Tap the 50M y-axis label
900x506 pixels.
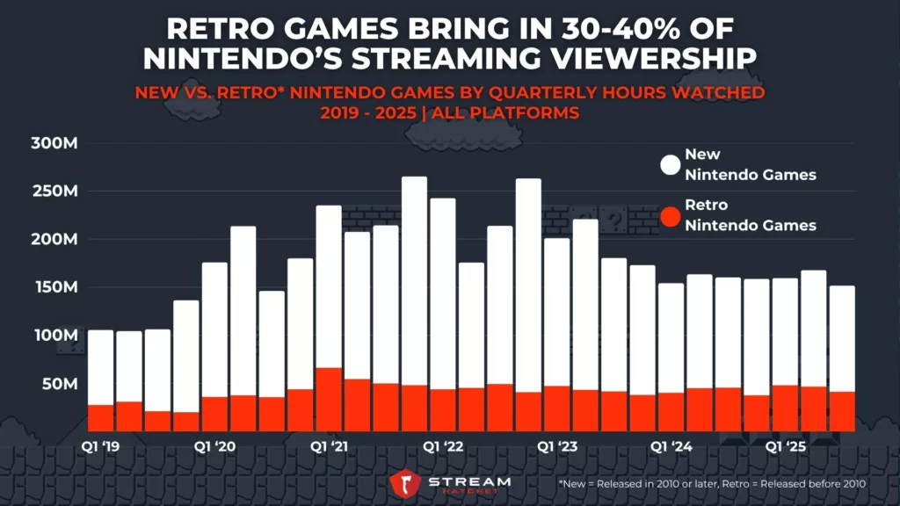coord(61,384)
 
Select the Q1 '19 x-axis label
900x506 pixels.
coord(101,447)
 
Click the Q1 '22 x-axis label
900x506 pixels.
coord(443,447)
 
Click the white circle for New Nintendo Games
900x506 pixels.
coord(671,165)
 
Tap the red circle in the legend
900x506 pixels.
coord(671,215)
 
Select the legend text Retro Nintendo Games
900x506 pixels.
coord(750,215)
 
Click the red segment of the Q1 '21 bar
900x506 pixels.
coord(329,400)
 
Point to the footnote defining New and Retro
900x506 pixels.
coord(712,484)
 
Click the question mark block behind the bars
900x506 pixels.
coord(616,219)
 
